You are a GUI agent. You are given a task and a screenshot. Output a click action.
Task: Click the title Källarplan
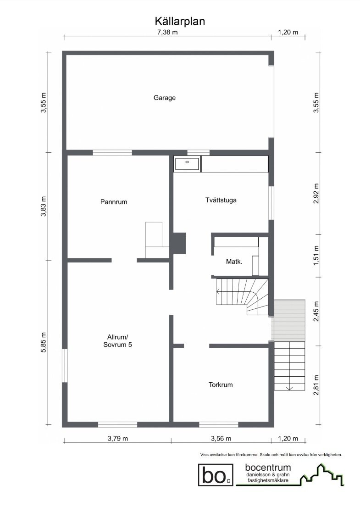pyautogui.click(x=180, y=21)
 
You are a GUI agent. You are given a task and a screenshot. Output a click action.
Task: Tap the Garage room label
pyautogui.click(x=165, y=98)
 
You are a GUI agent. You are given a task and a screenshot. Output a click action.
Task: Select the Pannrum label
pyautogui.click(x=113, y=201)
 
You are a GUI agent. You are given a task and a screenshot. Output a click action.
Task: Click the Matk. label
pyautogui.click(x=234, y=262)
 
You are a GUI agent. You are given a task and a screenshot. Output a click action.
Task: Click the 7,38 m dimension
pyautogui.click(x=167, y=32)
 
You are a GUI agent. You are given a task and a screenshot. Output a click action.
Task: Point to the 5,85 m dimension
pyautogui.click(x=44, y=341)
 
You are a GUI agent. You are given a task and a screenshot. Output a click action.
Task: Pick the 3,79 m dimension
pyautogui.click(x=118, y=438)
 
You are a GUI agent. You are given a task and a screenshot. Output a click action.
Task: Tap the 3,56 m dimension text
pyautogui.click(x=221, y=438)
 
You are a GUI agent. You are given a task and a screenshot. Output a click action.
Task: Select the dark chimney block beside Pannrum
pyautogui.click(x=179, y=243)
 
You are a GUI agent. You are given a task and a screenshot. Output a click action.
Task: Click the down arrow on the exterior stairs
pyautogui.click(x=289, y=388)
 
